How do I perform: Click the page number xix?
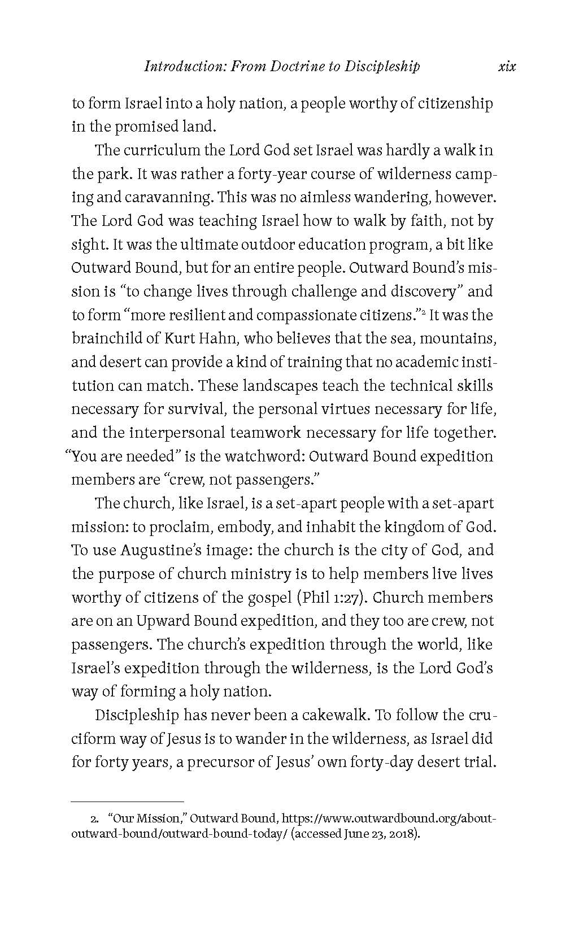pyautogui.click(x=507, y=67)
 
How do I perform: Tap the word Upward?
pyautogui.click(x=160, y=621)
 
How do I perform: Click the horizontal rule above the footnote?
pyautogui.click(x=128, y=802)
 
